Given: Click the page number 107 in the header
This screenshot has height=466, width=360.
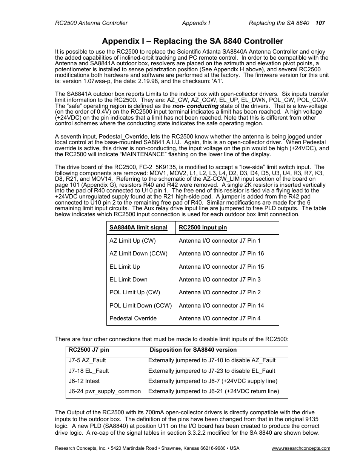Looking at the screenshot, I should pyautogui.click(x=320, y=23).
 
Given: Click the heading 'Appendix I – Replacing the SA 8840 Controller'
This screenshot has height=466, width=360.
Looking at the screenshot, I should pyautogui.click(x=192, y=41).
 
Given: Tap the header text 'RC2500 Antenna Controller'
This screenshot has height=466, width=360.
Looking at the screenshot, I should pyautogui.click(x=91, y=23).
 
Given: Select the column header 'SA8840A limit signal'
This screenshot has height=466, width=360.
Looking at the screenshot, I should pyautogui.click(x=138, y=228).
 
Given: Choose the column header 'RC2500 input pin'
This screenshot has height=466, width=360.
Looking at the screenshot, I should pyautogui.click(x=203, y=228).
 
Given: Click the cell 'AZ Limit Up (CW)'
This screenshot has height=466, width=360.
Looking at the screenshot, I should pyautogui.click(x=132, y=241).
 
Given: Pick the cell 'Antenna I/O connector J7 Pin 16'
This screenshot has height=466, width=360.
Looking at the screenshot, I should pyautogui.click(x=221, y=254).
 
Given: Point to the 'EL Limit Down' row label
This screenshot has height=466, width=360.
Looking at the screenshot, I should pyautogui.click(x=128, y=280).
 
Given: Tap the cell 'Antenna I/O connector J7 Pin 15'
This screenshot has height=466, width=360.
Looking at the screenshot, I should pyautogui.click(x=221, y=267).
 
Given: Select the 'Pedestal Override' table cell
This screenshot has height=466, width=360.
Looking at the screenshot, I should pyautogui.click(x=133, y=318).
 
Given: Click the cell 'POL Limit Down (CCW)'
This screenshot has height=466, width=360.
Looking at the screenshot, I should pyautogui.click(x=140, y=306).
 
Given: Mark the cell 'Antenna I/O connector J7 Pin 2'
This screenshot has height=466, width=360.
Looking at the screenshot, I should pyautogui.click(x=220, y=292).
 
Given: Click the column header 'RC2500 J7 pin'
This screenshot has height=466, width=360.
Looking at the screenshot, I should pyautogui.click(x=89, y=350).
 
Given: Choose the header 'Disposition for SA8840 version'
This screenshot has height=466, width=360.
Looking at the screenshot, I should pyautogui.click(x=193, y=350).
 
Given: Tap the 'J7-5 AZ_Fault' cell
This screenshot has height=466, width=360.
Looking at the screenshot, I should pyautogui.click(x=87, y=360).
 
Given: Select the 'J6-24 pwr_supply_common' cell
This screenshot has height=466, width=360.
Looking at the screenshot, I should pyautogui.click(x=105, y=391).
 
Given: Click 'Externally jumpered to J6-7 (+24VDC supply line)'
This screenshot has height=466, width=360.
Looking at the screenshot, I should pyautogui.click(x=212, y=381).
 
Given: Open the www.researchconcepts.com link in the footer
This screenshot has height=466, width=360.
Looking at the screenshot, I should pyautogui.click(x=301, y=448).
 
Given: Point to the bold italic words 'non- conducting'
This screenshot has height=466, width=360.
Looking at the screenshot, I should pyautogui.click(x=195, y=106).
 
